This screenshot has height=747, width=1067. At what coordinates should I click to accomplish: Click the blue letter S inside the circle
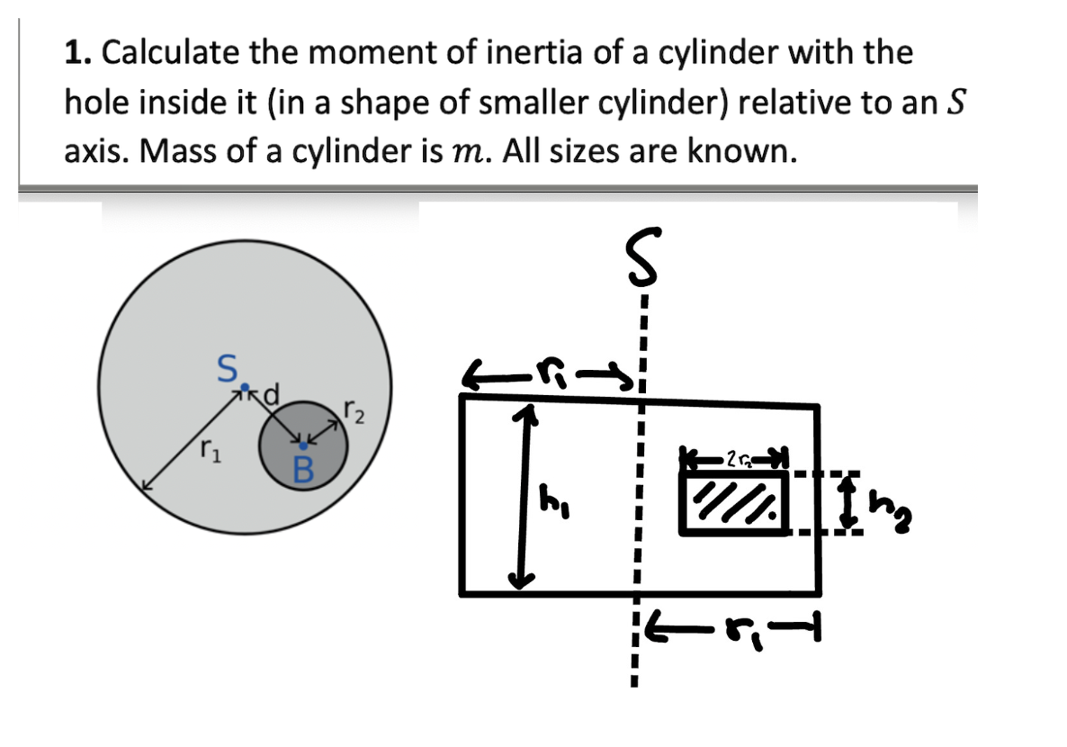(x=229, y=368)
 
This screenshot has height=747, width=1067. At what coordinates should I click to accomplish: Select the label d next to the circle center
(x=269, y=392)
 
